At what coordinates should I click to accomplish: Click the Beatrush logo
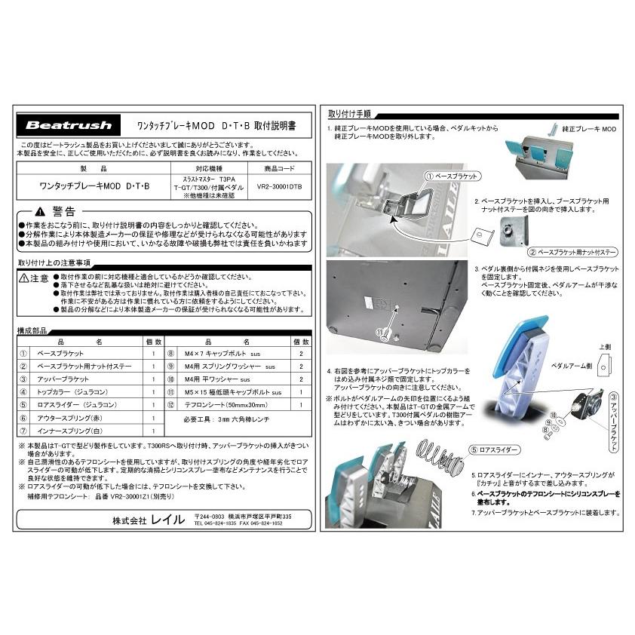click(69, 126)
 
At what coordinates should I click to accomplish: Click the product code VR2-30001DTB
click(278, 183)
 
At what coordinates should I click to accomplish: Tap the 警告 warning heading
click(63, 212)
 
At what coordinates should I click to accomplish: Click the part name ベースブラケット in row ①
click(60, 353)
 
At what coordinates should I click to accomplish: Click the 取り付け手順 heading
click(349, 114)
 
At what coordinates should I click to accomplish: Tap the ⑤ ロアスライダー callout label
click(494, 447)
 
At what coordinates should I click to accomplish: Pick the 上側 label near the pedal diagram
click(603, 348)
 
